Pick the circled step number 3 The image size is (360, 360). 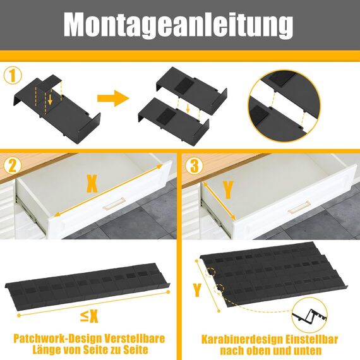195,166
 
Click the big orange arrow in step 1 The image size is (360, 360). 112,99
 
